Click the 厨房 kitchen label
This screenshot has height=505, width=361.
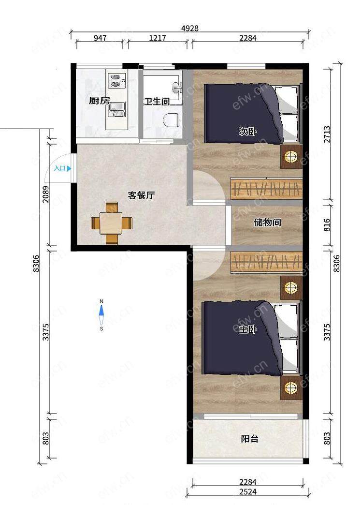[100, 101]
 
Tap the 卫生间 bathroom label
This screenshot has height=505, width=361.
[157, 102]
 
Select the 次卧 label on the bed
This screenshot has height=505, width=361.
[248, 132]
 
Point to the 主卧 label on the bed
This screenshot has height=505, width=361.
[248, 329]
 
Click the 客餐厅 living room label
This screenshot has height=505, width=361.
[142, 195]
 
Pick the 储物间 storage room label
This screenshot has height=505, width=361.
[267, 222]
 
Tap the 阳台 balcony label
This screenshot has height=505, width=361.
[250, 439]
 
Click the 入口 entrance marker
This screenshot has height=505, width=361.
[62, 168]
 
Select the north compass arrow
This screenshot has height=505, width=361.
[101, 311]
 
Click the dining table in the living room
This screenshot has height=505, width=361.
[111, 223]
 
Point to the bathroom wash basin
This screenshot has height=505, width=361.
[177, 87]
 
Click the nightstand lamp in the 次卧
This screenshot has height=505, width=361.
[291, 157]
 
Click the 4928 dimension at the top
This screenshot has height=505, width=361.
[190, 28]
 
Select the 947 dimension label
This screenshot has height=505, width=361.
[100, 38]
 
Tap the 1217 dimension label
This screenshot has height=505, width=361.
[158, 38]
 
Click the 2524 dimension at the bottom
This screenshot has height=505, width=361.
[248, 492]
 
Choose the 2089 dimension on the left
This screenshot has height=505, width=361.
[46, 194]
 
